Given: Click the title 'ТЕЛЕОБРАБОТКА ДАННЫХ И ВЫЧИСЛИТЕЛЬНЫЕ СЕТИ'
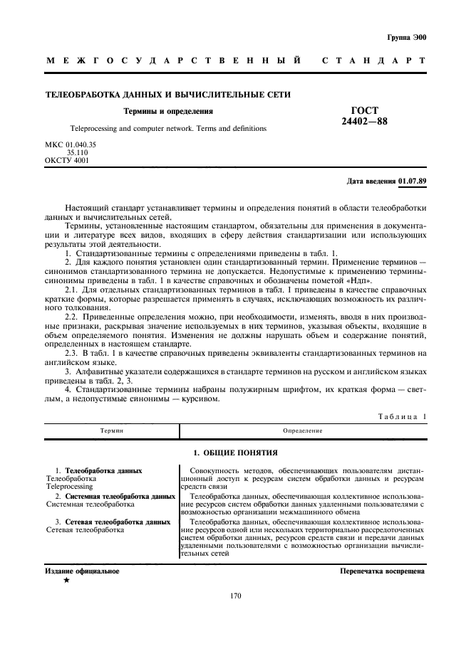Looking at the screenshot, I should (x=167, y=95).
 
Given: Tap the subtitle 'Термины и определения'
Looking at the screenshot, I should (x=168, y=111).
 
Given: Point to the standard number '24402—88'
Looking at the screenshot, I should (x=363, y=122).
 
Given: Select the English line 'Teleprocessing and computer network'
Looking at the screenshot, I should (x=158, y=129).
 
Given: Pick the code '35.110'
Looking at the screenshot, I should (x=77, y=152).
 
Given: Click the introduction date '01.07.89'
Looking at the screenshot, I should (x=413, y=181).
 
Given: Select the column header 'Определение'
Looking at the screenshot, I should (x=302, y=430).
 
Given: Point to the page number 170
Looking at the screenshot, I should (x=236, y=596).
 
